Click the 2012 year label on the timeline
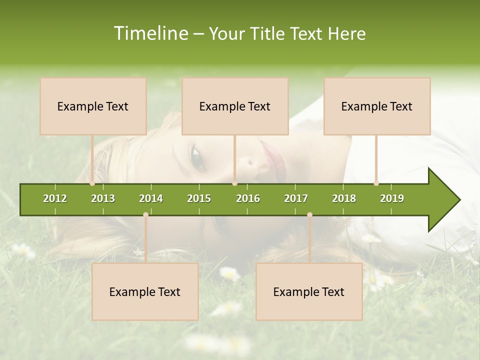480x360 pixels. [55, 198]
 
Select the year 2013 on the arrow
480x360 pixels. [103, 198]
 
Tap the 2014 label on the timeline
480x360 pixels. [151, 198]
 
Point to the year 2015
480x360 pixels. [199, 198]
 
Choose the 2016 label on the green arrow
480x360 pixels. [248, 198]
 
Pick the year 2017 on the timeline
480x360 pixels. [296, 198]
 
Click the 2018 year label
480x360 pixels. [344, 198]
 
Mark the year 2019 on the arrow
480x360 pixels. [392, 198]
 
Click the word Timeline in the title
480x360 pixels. [150, 33]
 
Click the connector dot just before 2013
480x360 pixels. [92, 183]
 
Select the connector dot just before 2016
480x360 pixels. [234, 183]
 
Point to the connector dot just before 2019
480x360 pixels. [376, 183]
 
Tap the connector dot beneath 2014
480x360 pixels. [145, 214]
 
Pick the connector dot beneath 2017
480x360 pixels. [309, 214]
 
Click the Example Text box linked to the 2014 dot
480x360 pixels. [145, 291]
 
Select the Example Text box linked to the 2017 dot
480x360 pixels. [309, 291]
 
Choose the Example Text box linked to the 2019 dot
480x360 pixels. [377, 106]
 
